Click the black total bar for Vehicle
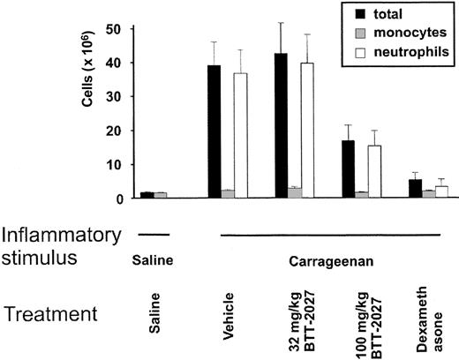[214, 132]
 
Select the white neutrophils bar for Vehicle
[241, 137]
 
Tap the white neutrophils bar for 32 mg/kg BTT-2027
[309, 131]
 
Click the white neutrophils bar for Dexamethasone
[444, 192]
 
